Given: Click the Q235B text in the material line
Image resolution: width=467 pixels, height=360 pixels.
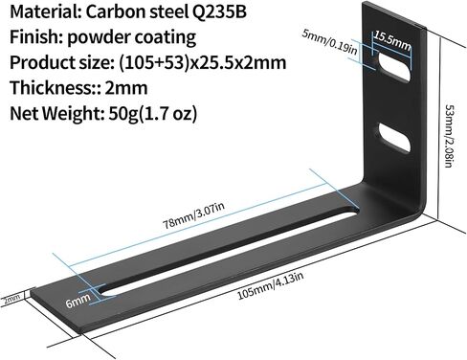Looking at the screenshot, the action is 219,12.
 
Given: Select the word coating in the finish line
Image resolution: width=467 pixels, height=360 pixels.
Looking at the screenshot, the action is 166,38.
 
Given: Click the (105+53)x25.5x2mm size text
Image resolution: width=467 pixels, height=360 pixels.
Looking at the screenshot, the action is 202,63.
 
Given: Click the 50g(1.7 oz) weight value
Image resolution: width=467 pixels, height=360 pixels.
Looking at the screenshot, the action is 153,113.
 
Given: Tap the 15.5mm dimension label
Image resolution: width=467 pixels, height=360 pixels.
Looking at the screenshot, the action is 392,41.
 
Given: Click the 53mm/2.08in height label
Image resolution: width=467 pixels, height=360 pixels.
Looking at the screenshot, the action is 449,136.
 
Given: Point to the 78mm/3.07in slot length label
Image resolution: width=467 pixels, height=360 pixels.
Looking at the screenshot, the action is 194,215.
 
